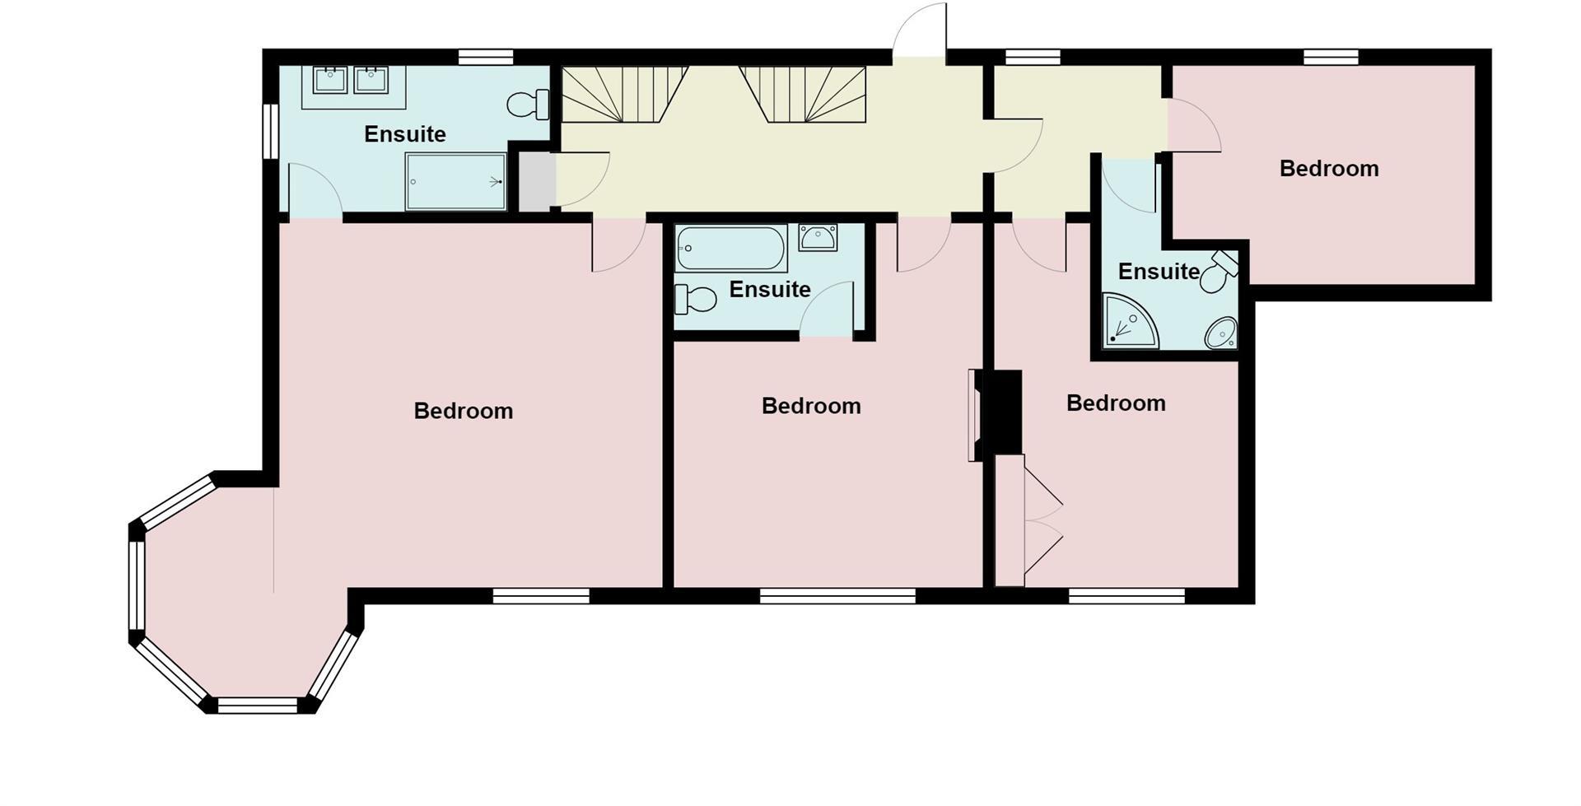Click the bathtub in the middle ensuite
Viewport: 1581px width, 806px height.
pos(730,248)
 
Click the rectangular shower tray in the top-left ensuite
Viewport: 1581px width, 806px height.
pos(455,181)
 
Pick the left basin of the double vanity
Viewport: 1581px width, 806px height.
pos(330,80)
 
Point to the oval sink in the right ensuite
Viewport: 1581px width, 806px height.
pos(1220,333)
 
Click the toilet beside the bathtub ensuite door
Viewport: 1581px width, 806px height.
pos(695,299)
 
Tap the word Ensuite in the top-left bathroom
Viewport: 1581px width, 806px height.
pos(404,134)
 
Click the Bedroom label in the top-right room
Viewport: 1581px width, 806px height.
pos(1328,169)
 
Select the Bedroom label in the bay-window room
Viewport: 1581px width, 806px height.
pos(463,411)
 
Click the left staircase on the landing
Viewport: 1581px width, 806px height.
pos(623,94)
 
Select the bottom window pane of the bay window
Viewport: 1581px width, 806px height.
pos(258,705)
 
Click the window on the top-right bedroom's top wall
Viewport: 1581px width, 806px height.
pos(1330,57)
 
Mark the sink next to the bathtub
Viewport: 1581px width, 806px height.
pos(818,237)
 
